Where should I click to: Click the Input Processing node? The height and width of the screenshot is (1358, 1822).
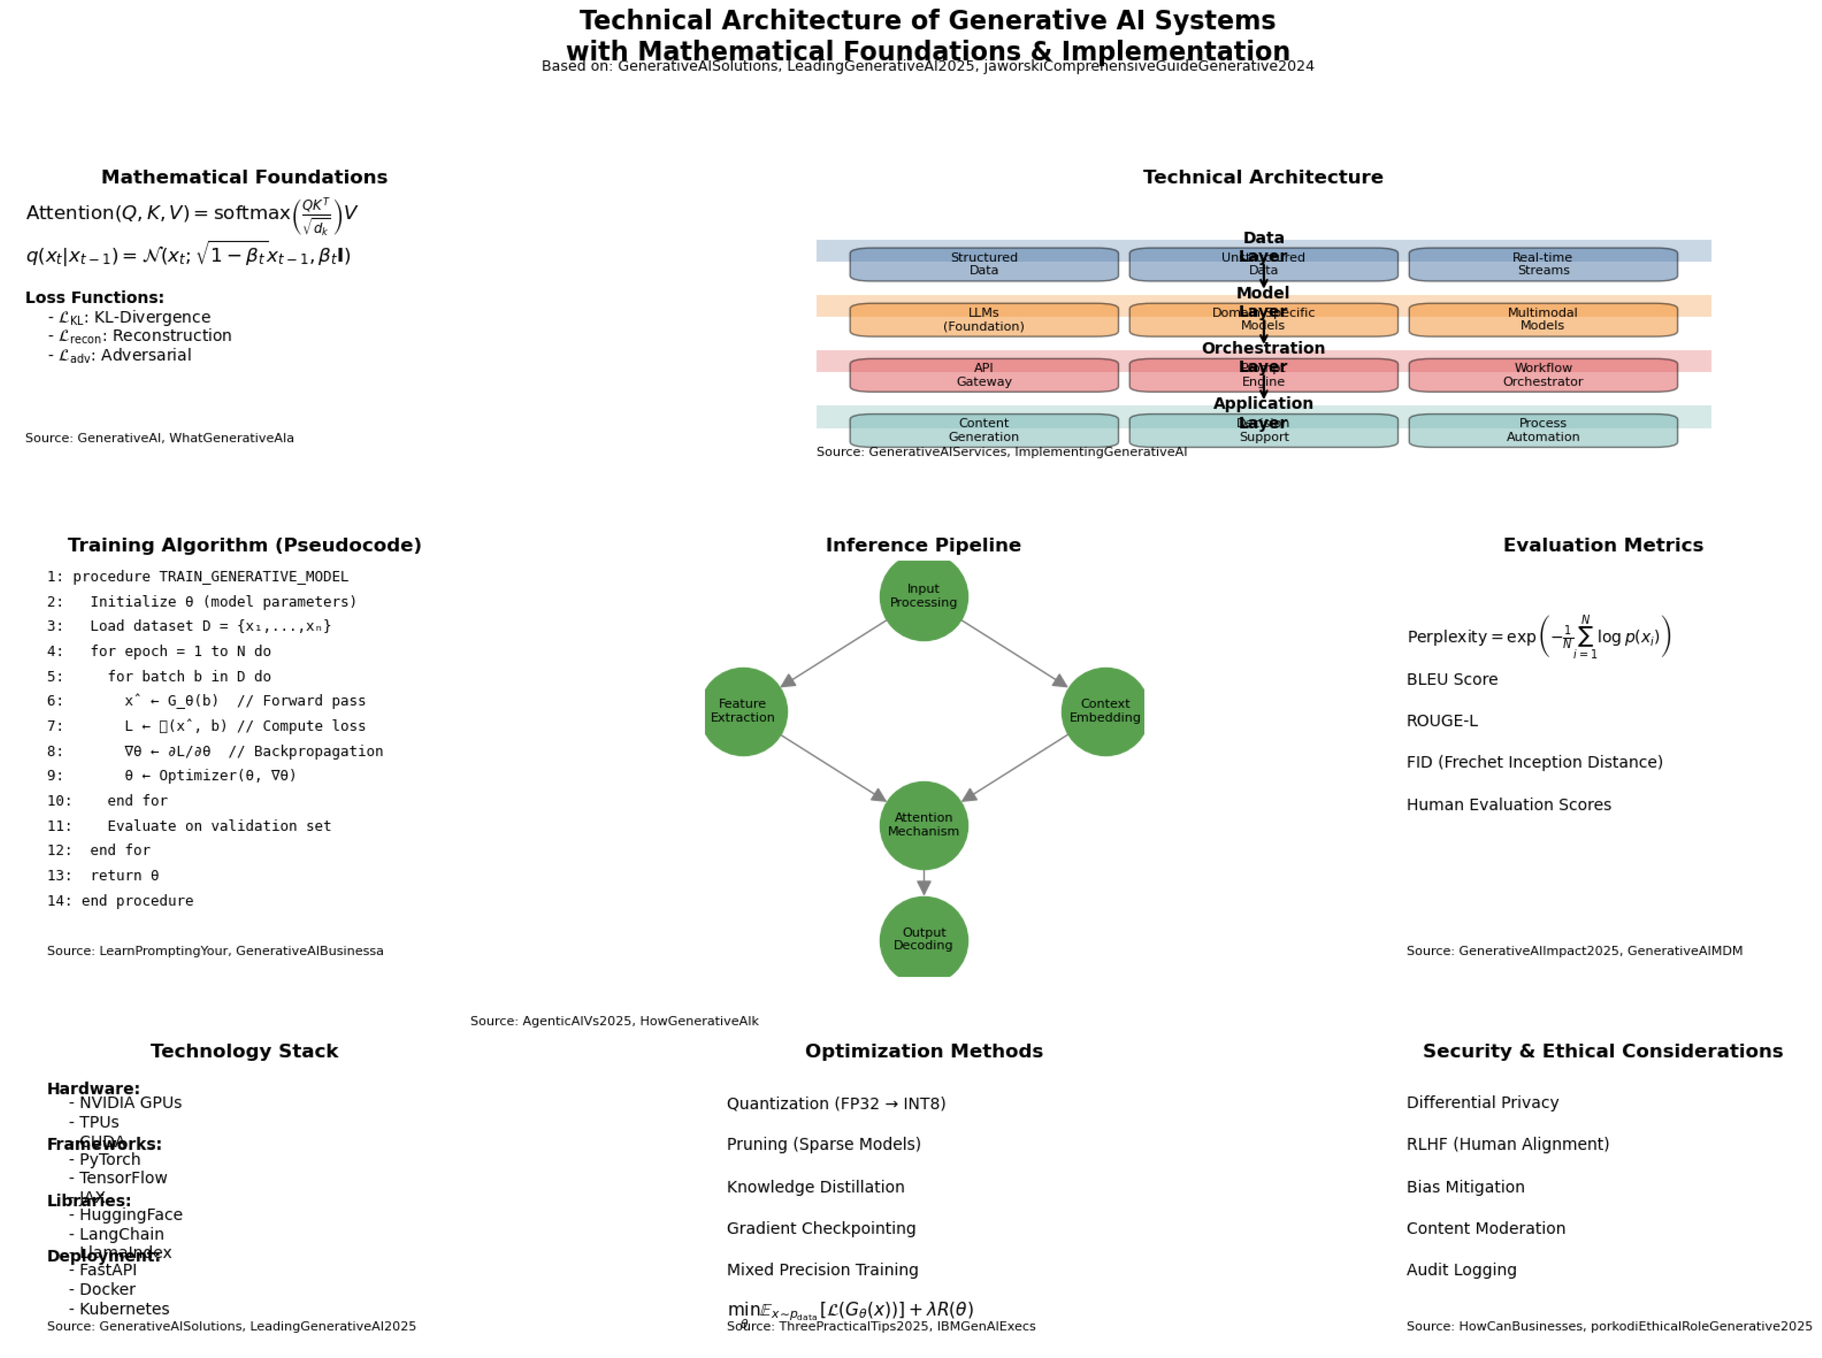coord(923,596)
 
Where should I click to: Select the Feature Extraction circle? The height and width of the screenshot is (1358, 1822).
coord(742,711)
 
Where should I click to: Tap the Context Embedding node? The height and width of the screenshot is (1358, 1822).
coord(1104,711)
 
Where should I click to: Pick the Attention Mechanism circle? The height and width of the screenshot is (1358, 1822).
coord(923,824)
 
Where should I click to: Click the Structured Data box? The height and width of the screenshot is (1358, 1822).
coord(983,265)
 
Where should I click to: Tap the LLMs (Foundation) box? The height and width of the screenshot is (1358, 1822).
coord(983,320)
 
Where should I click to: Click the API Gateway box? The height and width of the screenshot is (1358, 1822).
coord(983,375)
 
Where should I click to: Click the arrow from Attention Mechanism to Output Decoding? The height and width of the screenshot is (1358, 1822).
coord(923,883)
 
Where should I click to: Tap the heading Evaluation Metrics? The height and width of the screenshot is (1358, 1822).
coord(1602,545)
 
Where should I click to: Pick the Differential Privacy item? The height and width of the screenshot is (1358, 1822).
coord(1481,1102)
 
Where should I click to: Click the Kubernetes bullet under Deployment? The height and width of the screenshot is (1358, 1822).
coord(123,1309)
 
